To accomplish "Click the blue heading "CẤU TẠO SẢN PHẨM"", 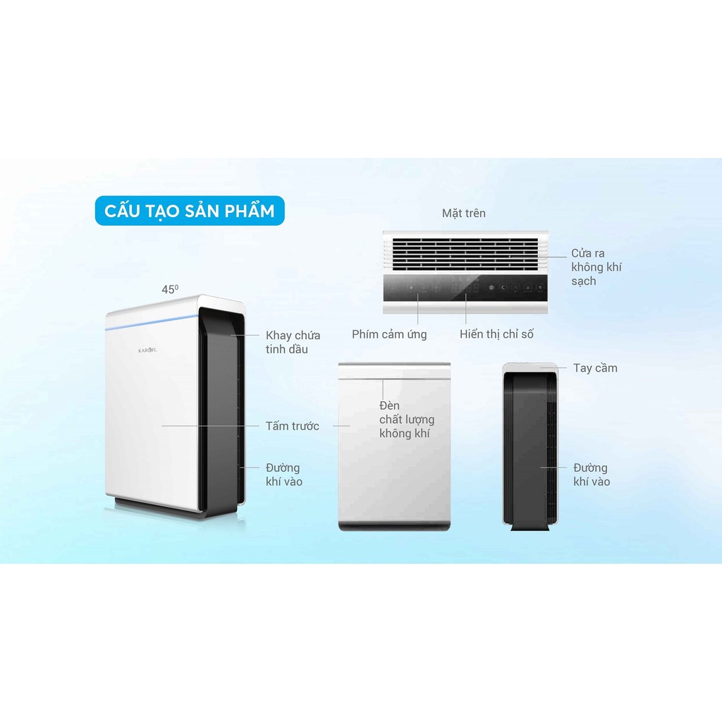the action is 190,210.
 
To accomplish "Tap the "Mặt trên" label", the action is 463,213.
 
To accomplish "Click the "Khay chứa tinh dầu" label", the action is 293,342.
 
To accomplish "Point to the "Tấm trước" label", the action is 293,426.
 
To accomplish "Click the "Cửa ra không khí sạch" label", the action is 596,267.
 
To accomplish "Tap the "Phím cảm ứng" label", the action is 389,334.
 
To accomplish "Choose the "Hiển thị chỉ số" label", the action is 496,334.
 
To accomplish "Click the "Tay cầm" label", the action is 595,367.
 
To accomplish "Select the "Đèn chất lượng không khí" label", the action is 407,420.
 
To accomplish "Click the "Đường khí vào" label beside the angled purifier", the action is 283,475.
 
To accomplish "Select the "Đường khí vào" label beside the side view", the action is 591,475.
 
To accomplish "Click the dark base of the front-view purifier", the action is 393,525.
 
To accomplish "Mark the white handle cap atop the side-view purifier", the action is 530,367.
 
